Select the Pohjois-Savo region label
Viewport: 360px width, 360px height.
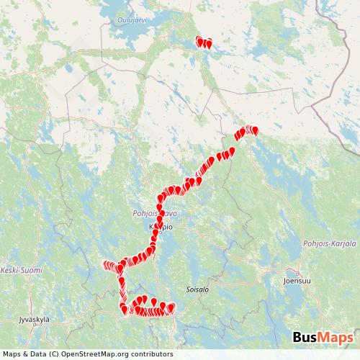tap(153, 214)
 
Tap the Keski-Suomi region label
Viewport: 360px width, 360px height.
tap(22, 270)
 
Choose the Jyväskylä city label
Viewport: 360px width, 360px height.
tap(32, 318)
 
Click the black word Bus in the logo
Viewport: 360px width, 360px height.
tap(307, 338)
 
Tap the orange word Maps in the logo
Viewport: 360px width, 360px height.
tap(338, 338)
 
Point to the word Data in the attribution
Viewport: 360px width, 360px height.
tap(36, 354)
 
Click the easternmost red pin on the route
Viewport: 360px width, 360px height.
tap(255, 130)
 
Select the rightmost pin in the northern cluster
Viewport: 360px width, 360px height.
tap(209, 44)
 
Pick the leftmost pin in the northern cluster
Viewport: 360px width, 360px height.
tap(199, 40)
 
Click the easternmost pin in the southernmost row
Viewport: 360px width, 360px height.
tap(171, 308)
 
